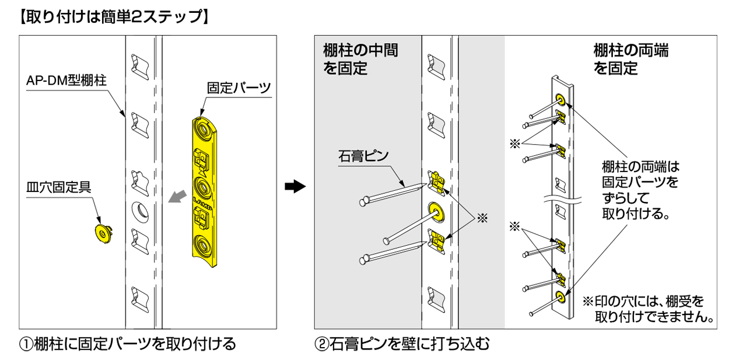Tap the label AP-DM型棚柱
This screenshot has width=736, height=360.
point(65,81)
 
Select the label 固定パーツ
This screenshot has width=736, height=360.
point(239,88)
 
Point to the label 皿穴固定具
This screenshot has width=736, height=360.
point(59,187)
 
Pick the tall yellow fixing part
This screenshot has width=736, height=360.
point(205,193)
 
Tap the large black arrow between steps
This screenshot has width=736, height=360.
point(296,187)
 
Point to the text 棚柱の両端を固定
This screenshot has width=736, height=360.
point(630,59)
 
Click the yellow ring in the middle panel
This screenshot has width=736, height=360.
point(436,211)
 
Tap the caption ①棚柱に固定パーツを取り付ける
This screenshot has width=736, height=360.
point(128,344)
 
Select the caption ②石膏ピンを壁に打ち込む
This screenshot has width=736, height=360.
point(402,344)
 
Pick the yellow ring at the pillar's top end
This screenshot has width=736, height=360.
point(560,98)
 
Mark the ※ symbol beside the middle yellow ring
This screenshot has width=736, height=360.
point(482,217)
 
